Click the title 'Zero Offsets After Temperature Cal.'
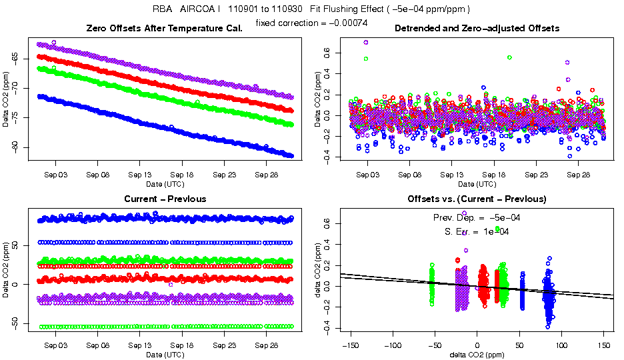coord(165,28)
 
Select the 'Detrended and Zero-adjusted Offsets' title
coord(477,28)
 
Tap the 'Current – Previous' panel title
coord(165,199)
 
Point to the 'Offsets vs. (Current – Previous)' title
coord(477,199)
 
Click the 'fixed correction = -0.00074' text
coord(311,23)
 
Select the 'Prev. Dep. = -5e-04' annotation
coord(477,217)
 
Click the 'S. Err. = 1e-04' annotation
coord(477,231)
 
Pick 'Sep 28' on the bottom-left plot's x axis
coord(266,345)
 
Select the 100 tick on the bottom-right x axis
coord(561,345)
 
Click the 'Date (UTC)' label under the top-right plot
coord(477,183)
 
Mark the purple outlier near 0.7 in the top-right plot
coord(366,42)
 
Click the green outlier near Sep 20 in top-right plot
coord(509,57)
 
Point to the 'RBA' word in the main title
coord(162,9)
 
